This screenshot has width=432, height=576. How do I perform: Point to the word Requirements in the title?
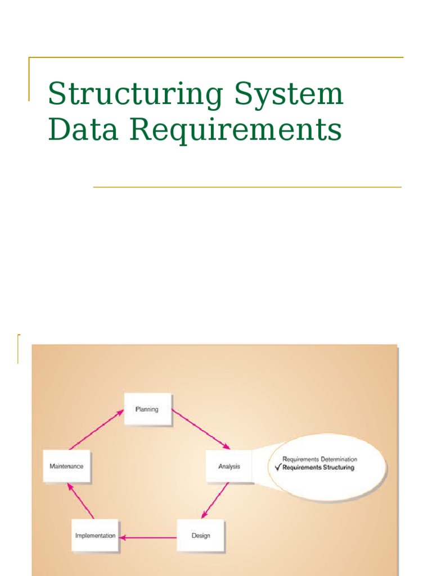(x=236, y=129)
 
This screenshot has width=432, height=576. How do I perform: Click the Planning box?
(x=147, y=409)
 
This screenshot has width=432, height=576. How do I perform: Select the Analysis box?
(x=229, y=466)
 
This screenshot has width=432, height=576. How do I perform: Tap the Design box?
(x=201, y=535)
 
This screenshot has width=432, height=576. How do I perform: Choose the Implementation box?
(x=96, y=535)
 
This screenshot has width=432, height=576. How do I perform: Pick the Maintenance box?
(x=66, y=466)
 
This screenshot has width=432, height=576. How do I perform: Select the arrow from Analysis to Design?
(x=215, y=500)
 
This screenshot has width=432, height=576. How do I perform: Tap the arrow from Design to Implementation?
(x=148, y=537)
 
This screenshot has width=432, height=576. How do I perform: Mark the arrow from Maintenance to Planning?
(x=96, y=429)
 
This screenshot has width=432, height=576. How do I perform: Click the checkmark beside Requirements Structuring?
(x=277, y=467)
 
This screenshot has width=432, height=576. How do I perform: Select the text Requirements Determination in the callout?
(x=319, y=460)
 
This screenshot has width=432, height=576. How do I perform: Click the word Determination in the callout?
(x=339, y=460)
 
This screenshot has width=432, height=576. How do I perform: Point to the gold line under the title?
(x=247, y=187)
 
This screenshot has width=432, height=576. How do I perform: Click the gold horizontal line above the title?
(x=216, y=57)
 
